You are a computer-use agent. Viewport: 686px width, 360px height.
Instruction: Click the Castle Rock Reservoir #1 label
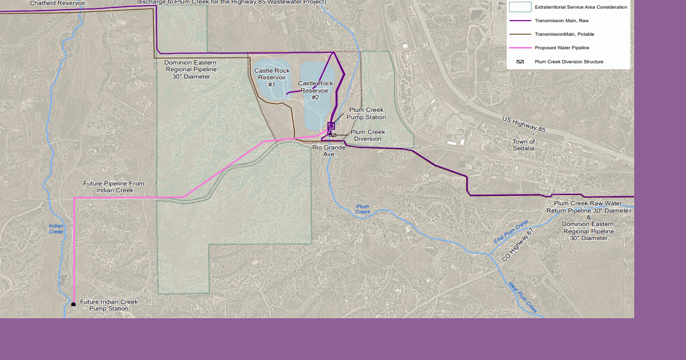point(272,78)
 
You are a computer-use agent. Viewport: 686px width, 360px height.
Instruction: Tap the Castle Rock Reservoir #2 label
point(316,90)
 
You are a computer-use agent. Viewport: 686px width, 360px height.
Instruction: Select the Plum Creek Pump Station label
point(366,114)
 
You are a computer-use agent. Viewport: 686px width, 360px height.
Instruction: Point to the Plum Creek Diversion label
point(368,135)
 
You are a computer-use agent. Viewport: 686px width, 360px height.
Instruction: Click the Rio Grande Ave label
point(329,151)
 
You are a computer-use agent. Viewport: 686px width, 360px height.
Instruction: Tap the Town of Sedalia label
point(524,145)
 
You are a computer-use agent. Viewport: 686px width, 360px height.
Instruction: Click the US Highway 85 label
point(524,124)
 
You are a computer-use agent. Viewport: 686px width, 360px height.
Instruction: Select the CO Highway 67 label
point(518,245)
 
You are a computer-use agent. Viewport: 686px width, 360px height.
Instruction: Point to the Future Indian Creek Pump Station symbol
point(73,304)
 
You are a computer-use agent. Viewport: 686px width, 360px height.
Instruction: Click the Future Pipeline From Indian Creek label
point(114,187)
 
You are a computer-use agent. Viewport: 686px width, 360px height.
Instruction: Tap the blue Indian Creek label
point(56,229)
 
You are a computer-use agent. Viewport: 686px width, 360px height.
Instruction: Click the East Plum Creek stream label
point(511,232)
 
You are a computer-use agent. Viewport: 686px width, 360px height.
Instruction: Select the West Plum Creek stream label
point(523,297)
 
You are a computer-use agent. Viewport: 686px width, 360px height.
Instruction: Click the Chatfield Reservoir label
point(57,3)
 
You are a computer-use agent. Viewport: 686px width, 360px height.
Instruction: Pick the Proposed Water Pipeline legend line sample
point(520,48)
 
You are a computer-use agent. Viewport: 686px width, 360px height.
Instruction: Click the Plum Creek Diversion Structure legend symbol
point(520,62)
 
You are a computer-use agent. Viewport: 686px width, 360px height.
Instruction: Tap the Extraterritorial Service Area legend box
point(520,7)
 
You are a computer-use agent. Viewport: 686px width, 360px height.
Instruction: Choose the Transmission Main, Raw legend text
point(561,21)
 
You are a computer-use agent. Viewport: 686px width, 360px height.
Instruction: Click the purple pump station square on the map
point(331,126)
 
